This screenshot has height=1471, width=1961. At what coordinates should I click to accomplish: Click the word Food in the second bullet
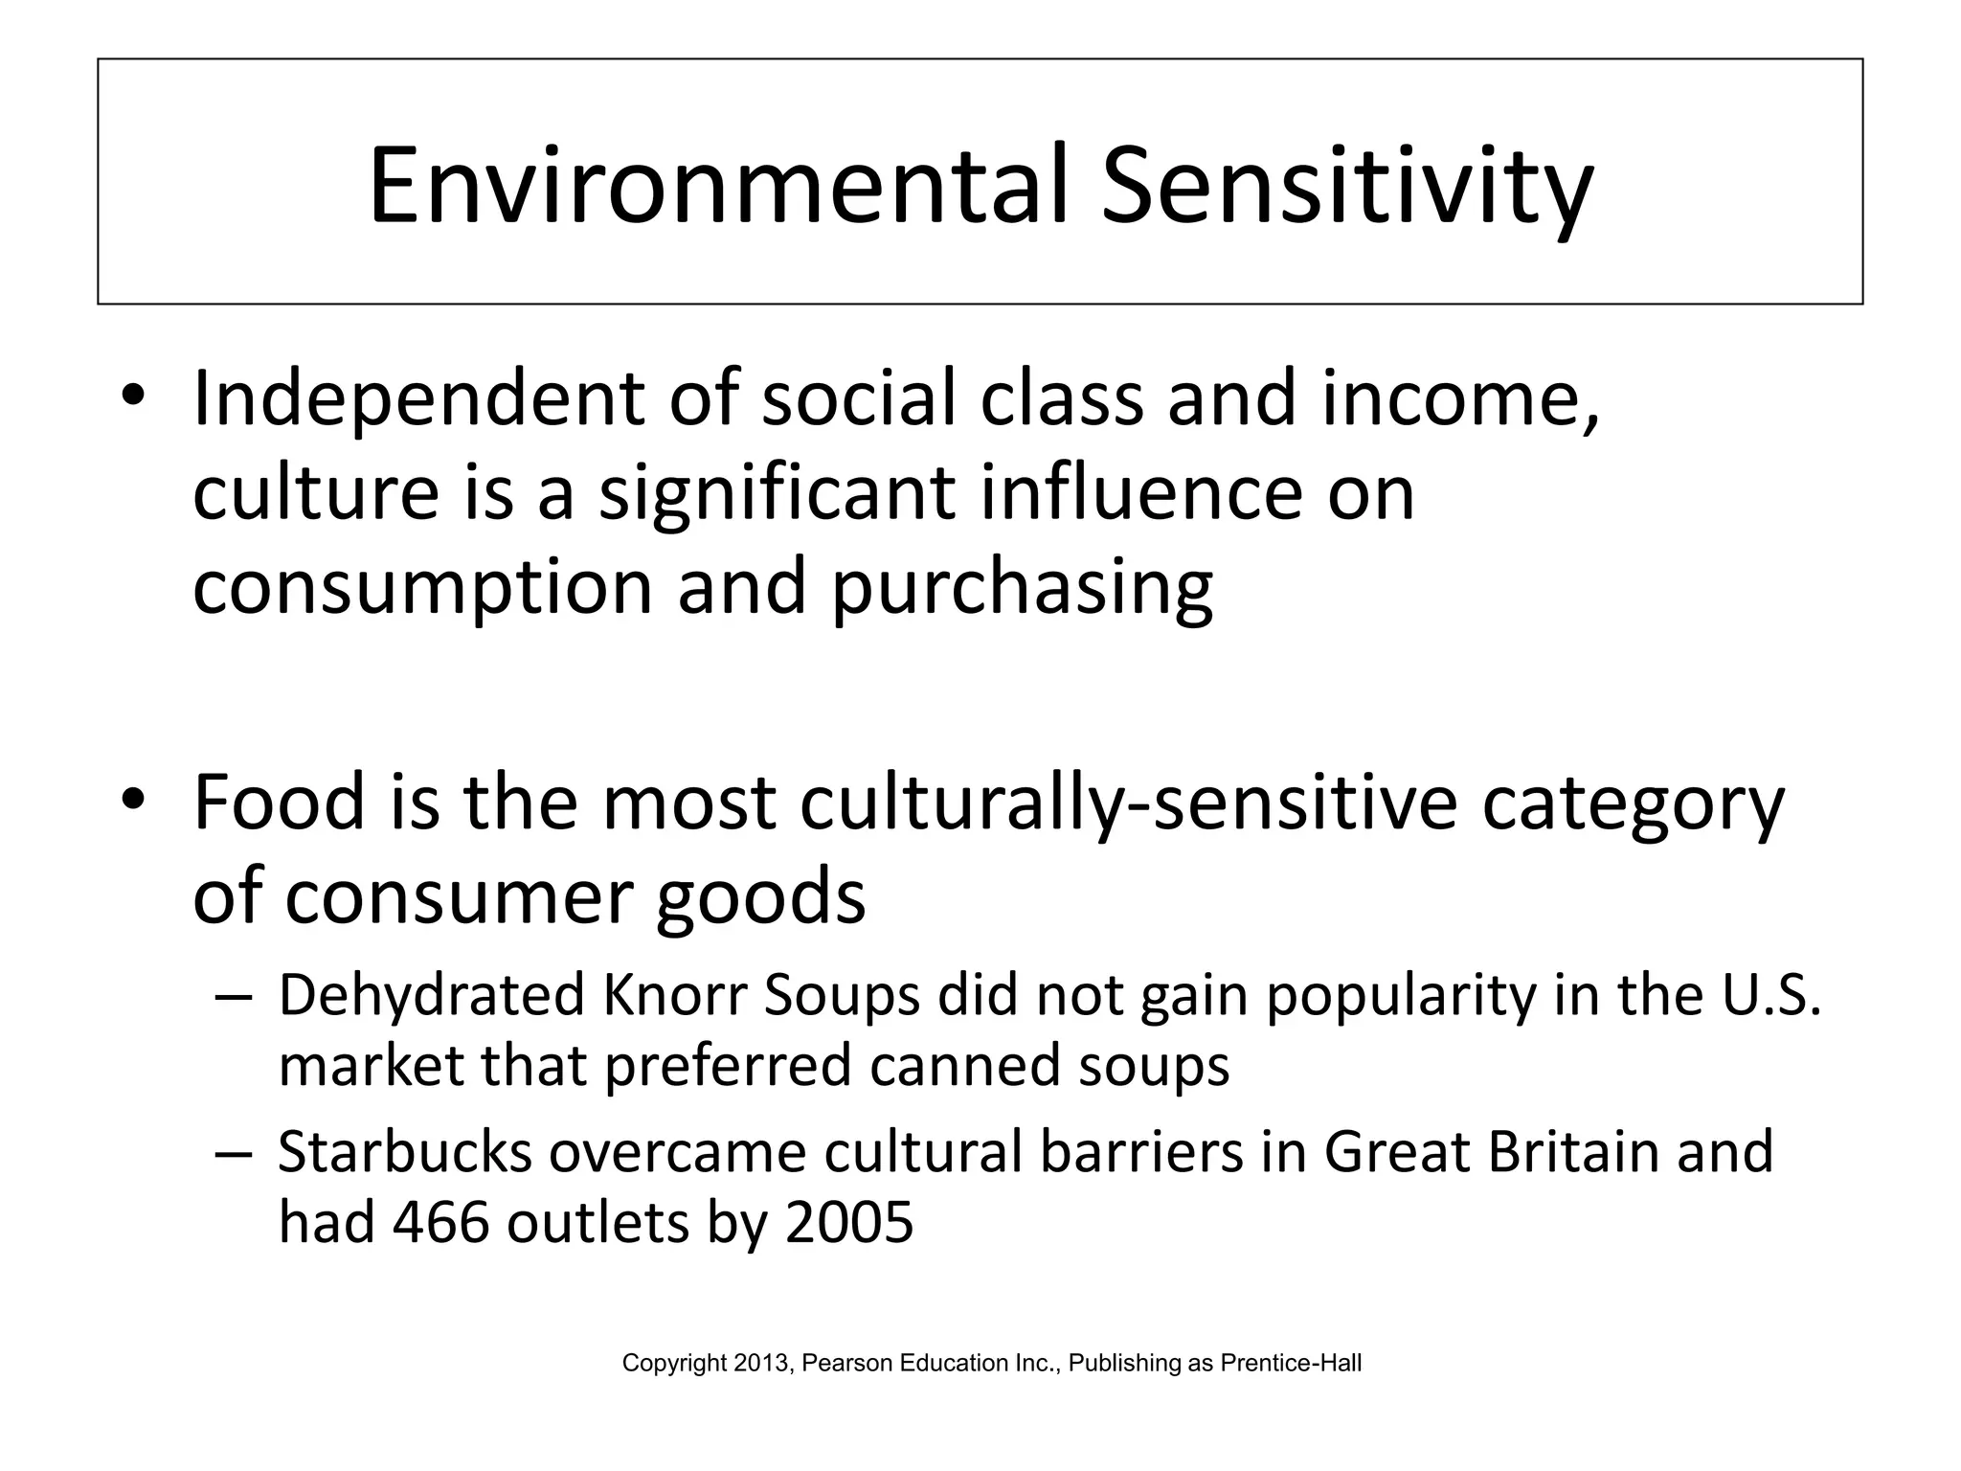point(280,802)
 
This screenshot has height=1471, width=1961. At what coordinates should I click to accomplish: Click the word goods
point(760,896)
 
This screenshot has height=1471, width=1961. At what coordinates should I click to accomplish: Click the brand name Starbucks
point(404,1151)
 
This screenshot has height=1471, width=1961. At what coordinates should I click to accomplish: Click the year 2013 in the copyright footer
point(762,1363)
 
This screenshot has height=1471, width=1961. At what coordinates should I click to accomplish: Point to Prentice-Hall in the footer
point(1291,1363)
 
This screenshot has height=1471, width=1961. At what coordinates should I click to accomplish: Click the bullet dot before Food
point(133,798)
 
